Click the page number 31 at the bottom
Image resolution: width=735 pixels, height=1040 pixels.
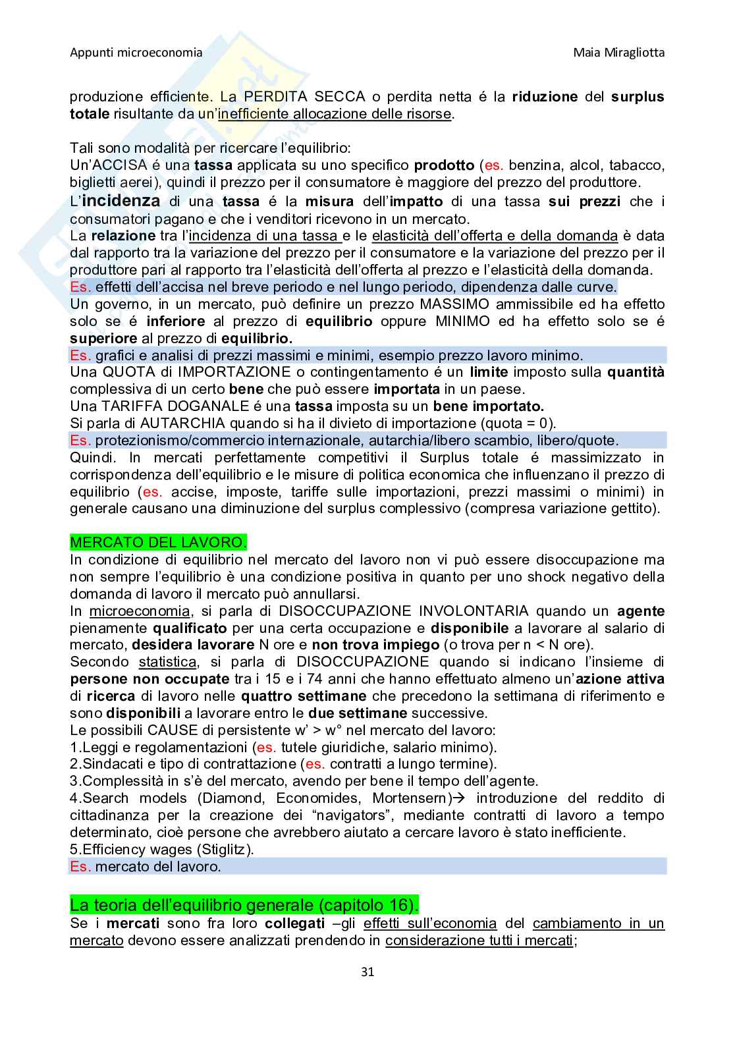click(367, 972)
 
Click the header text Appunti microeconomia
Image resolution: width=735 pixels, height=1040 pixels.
click(136, 53)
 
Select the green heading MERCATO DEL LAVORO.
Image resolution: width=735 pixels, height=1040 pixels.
click(158, 543)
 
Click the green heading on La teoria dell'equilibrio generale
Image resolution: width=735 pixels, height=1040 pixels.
click(244, 902)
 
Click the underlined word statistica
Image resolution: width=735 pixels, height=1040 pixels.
click(167, 662)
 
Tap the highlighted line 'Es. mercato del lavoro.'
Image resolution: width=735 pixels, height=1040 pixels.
click(146, 867)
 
